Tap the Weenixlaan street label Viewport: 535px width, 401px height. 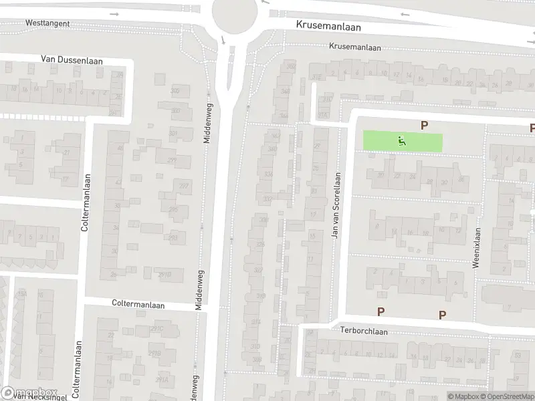click(477, 248)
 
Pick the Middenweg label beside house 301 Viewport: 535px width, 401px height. click(207, 125)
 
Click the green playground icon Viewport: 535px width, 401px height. click(401, 140)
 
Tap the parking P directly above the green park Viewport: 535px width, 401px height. click(423, 124)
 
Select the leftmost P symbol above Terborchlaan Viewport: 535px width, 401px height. click(381, 311)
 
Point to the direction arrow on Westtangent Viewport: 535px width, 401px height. click(114, 15)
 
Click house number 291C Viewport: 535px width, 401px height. click(157, 329)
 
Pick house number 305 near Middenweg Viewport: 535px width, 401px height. click(175, 91)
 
